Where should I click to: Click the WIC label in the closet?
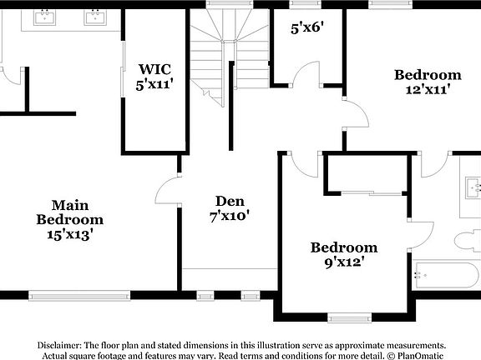pyautogui.click(x=154, y=68)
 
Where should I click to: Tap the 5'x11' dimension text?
pyautogui.click(x=154, y=83)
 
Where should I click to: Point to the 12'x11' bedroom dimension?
pyautogui.click(x=428, y=90)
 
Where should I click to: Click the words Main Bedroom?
pyautogui.click(x=69, y=212)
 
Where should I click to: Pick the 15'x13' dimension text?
pyautogui.click(x=69, y=234)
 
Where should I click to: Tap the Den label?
pyautogui.click(x=230, y=201)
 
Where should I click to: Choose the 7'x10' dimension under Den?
pyautogui.click(x=230, y=216)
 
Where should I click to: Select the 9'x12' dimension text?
pyautogui.click(x=344, y=262)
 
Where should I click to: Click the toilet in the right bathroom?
pyautogui.click(x=468, y=242)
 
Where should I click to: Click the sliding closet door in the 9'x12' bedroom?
pyautogui.click(x=372, y=193)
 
